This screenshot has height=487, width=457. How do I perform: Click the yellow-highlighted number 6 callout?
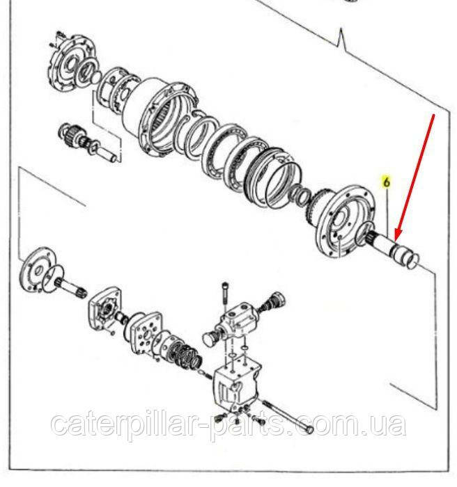(387, 182)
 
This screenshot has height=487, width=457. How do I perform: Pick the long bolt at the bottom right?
(288, 415)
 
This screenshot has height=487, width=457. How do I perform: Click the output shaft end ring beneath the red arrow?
(413, 260)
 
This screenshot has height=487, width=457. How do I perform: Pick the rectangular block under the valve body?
(237, 385)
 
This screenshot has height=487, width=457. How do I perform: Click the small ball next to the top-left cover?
(96, 77)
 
